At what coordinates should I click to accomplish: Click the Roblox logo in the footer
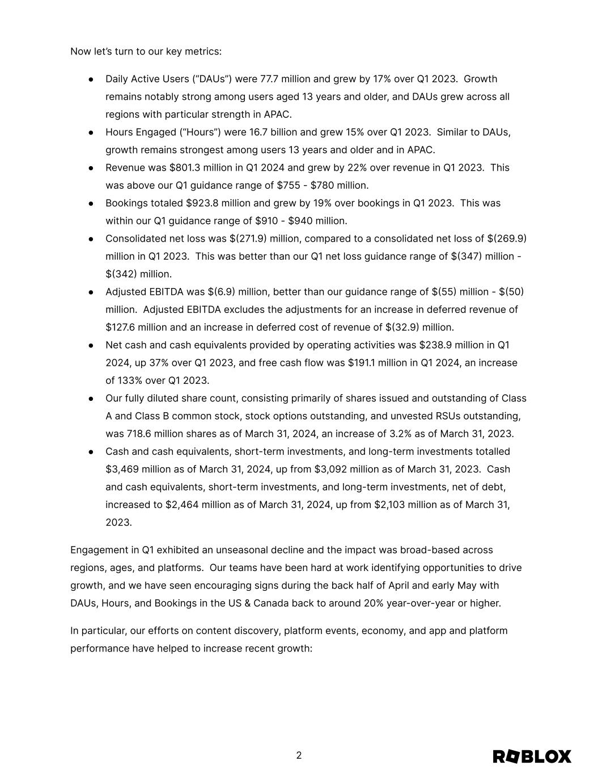pyautogui.click(x=532, y=756)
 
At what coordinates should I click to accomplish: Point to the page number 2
pyautogui.click(x=299, y=755)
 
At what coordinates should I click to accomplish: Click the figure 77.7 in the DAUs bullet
pyautogui.click(x=269, y=79)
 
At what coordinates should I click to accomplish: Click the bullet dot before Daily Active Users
pyautogui.click(x=91, y=79)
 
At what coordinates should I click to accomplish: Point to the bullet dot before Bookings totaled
pyautogui.click(x=91, y=204)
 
